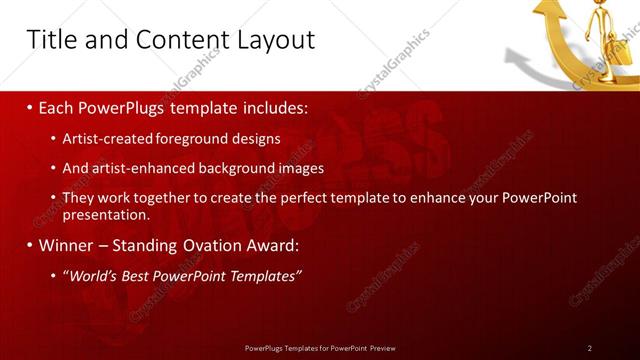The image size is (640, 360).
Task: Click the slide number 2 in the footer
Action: pyautogui.click(x=590, y=347)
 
